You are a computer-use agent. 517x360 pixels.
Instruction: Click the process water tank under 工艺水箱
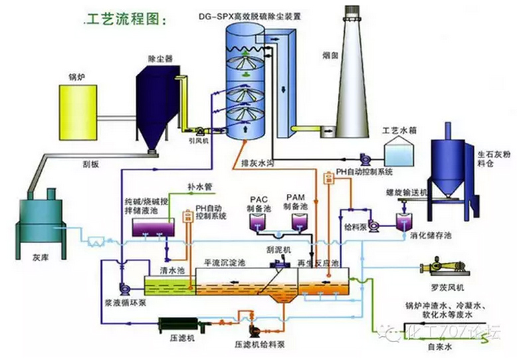[397, 155]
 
